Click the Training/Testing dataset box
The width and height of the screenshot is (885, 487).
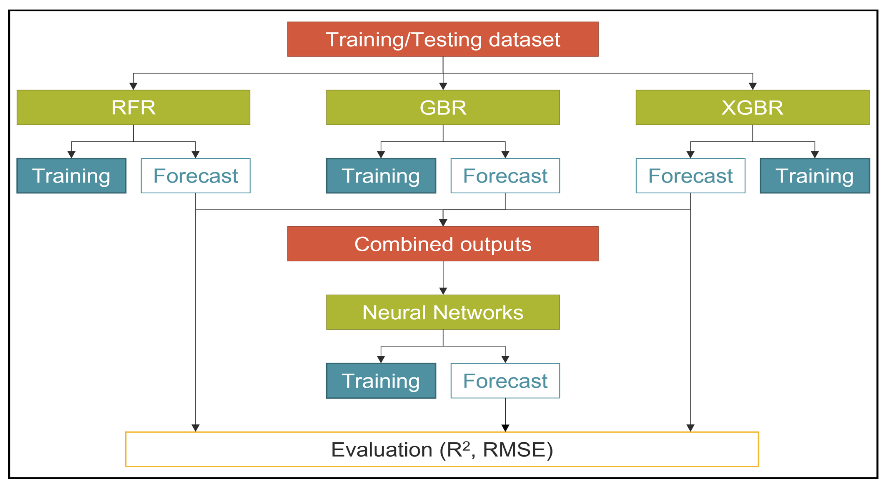(x=443, y=39)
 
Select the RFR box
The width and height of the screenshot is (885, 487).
(x=133, y=107)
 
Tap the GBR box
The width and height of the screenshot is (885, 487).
(x=443, y=107)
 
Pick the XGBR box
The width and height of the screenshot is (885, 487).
(x=752, y=107)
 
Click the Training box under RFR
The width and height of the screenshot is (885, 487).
(x=71, y=176)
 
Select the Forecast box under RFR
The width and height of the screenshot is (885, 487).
(x=196, y=176)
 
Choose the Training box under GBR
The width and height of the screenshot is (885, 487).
(x=381, y=176)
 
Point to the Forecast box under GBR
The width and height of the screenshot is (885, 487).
(x=505, y=176)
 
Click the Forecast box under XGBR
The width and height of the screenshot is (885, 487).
(x=691, y=176)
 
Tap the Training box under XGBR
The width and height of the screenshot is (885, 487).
(x=815, y=176)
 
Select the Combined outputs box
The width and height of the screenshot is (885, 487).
(x=443, y=244)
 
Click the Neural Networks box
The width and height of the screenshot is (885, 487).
(x=443, y=312)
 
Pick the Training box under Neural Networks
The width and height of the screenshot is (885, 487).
(x=381, y=380)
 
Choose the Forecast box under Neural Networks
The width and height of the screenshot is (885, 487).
(x=505, y=380)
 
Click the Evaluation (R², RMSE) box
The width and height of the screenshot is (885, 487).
(x=442, y=449)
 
